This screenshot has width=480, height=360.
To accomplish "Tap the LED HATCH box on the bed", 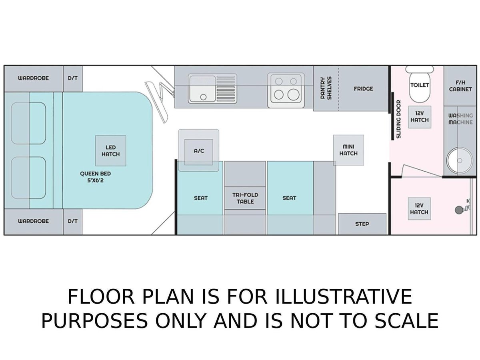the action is tap(111, 151).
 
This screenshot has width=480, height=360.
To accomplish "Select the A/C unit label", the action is tap(199, 151).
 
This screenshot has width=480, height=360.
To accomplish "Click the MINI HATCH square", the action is tap(348, 150).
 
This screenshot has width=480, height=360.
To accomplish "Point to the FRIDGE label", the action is tap(364, 89).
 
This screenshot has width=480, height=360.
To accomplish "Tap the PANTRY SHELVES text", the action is tap(326, 88).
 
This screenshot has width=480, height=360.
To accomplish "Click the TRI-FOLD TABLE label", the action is tap(245, 198).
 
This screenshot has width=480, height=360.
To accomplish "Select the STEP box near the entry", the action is tap(362, 224).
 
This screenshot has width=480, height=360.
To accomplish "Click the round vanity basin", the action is tap(460, 161).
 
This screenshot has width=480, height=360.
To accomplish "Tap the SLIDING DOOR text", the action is tap(398, 119).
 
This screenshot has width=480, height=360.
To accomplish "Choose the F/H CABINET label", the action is tap(460, 86).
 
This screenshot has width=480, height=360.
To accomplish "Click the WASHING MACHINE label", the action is tap(460, 119).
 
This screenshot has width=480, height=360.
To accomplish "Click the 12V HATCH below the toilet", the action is tap(420, 117).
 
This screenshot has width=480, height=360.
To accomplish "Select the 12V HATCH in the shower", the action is tap(419, 209).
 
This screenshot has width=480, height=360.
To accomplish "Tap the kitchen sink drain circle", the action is tap(203, 97).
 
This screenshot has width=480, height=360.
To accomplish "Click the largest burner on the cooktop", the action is tap(293, 95).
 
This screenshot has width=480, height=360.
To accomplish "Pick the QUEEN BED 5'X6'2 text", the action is tap(95, 177).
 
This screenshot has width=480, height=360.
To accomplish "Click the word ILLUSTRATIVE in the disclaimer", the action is tap(343, 297).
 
